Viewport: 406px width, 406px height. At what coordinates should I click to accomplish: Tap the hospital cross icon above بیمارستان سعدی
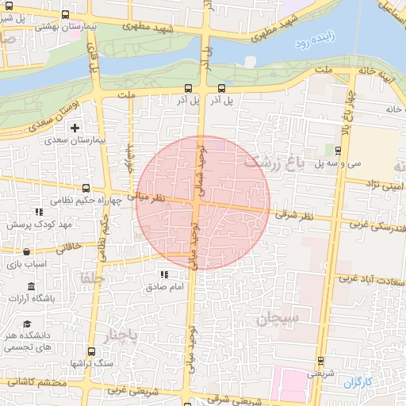coord(75,128)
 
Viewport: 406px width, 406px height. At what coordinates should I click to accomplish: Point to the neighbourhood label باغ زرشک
coord(274,164)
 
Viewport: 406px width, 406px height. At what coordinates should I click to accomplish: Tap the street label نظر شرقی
coord(297,215)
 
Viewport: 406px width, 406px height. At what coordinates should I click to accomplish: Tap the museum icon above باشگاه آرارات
coord(31,285)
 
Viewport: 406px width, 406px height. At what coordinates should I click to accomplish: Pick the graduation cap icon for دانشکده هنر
coord(27,324)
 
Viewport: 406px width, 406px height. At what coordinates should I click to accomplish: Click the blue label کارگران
coord(357,382)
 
